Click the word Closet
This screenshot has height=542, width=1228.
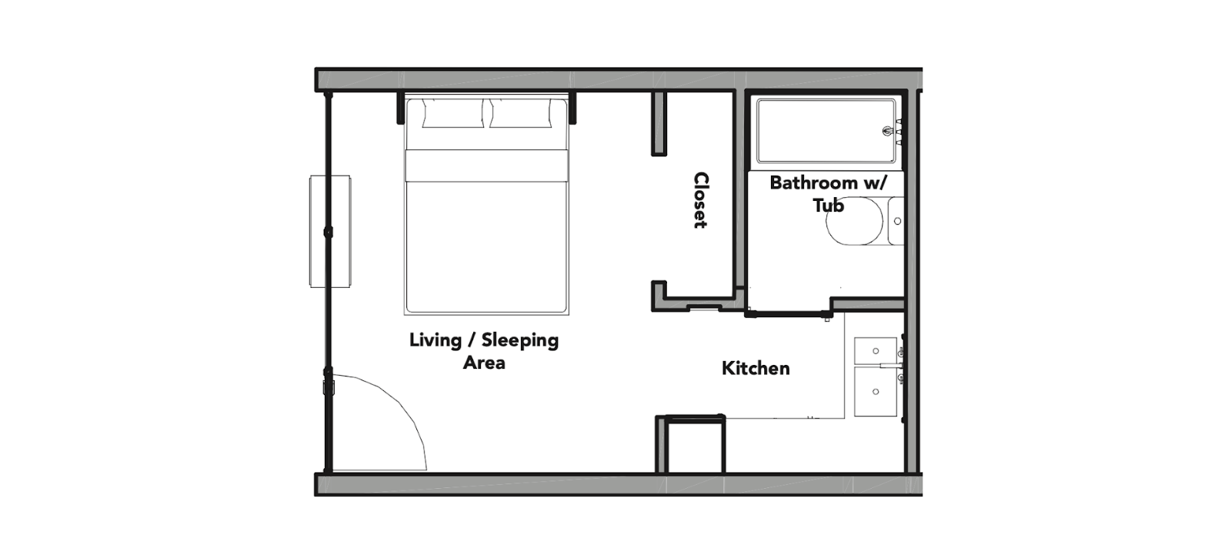pyautogui.click(x=701, y=200)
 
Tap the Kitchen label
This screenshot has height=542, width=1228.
pyautogui.click(x=756, y=368)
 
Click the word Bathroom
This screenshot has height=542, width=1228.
pyautogui.click(x=813, y=182)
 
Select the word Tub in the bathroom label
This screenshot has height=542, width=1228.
pyautogui.click(x=828, y=205)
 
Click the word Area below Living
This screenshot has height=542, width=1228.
pyautogui.click(x=484, y=363)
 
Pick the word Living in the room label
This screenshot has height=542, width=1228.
pyautogui.click(x=435, y=340)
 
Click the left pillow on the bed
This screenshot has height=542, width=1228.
pyautogui.click(x=453, y=113)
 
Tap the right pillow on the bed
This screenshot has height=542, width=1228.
pyautogui.click(x=521, y=113)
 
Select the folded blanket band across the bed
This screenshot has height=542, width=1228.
pyautogui.click(x=486, y=166)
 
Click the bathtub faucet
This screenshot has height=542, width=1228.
pyautogui.click(x=889, y=131)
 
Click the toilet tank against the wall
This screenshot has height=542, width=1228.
pyautogui.click(x=896, y=221)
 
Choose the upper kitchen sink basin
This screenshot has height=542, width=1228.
pyautogui.click(x=876, y=350)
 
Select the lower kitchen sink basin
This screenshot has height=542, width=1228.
pyautogui.click(x=876, y=392)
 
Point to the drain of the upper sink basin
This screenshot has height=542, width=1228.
pyautogui.click(x=876, y=350)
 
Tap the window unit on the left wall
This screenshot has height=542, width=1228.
pyautogui.click(x=330, y=232)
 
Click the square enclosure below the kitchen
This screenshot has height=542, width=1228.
pyautogui.click(x=691, y=443)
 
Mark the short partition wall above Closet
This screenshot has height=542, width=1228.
pyautogui.click(x=659, y=123)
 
